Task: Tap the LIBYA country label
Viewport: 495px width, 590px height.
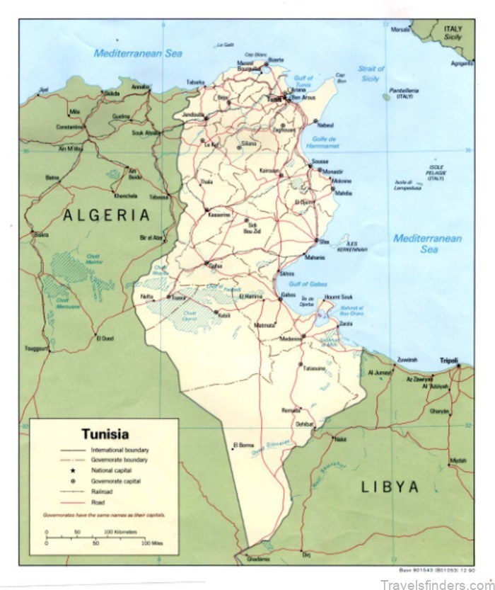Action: (x=390, y=486)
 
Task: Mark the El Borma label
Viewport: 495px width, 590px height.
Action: (x=242, y=446)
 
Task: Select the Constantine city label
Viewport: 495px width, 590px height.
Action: (x=70, y=127)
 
